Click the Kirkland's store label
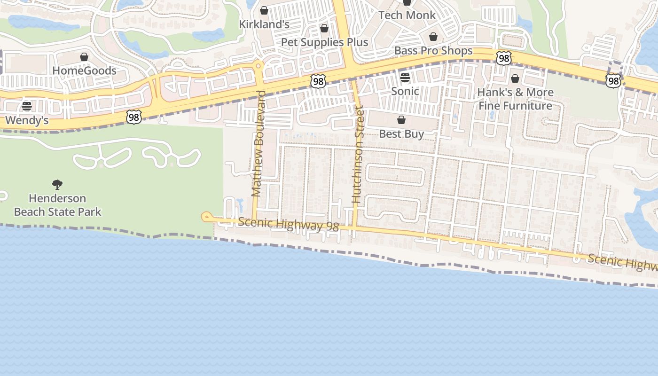(264, 24)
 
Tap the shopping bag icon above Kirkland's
(264, 10)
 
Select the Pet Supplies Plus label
(324, 42)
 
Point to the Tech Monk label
(407, 15)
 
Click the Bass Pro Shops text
(433, 50)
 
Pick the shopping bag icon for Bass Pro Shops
(433, 37)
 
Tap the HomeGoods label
(84, 70)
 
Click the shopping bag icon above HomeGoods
(84, 57)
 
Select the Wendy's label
(27, 120)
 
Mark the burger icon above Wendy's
(27, 106)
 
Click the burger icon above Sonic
(405, 77)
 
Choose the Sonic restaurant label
(405, 91)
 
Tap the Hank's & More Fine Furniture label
(515, 99)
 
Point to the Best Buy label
(401, 133)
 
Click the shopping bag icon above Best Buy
(401, 120)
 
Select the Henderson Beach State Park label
(57, 205)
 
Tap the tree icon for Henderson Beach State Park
(57, 184)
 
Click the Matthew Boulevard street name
(258, 143)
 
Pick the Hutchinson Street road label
(358, 155)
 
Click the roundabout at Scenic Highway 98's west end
(206, 217)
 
